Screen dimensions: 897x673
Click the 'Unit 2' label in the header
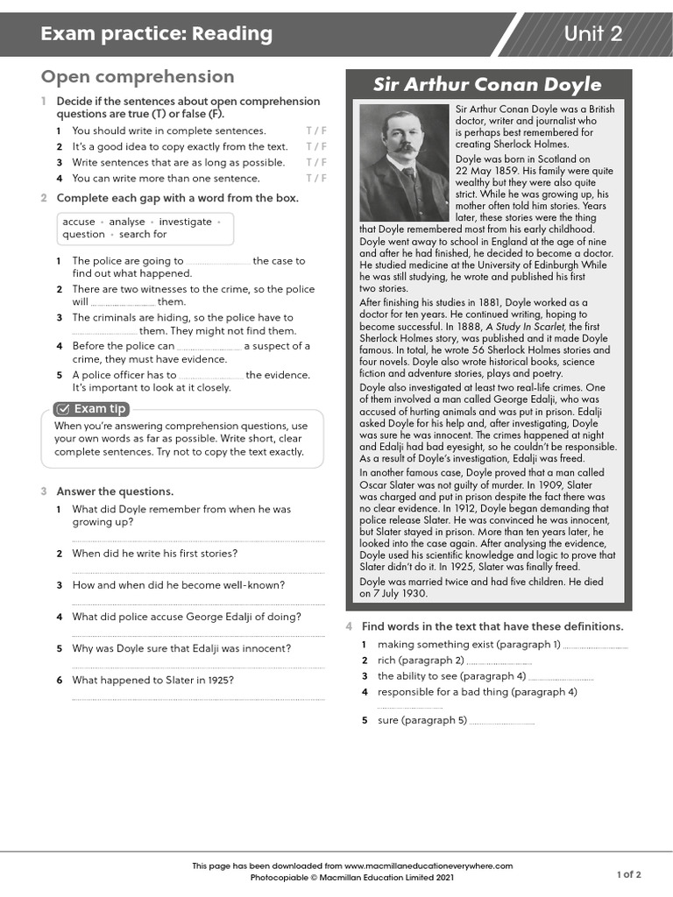tap(593, 34)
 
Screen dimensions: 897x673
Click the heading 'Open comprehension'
tap(138, 77)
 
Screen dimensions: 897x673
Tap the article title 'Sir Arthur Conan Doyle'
tap(487, 85)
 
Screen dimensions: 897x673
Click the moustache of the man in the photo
tap(403, 148)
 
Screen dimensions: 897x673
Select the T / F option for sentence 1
tap(315, 131)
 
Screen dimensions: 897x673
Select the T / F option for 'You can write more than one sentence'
tap(315, 179)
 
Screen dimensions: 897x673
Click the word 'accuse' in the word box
tap(79, 222)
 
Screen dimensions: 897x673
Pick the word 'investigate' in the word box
tap(185, 222)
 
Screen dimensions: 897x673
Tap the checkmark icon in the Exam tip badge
tap(63, 409)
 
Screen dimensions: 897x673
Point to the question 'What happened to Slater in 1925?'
tap(152, 680)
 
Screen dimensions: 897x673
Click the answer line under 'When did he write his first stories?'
tap(198, 573)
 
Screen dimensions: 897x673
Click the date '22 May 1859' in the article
tap(485, 171)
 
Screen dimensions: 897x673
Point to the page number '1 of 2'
tap(628, 874)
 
